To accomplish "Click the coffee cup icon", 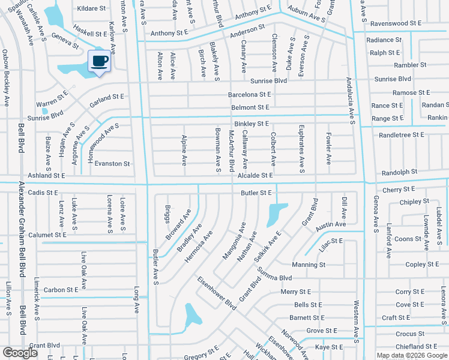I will [100, 61].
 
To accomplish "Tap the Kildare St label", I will [91, 8].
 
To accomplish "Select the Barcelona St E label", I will [249, 95].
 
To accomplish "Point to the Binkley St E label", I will [252, 124].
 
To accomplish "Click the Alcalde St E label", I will [255, 175].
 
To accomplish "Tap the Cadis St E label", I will [43, 193].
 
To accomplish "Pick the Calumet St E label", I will [47, 235].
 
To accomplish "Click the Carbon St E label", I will [61, 290].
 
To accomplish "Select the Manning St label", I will [309, 265].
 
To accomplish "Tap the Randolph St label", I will [399, 172].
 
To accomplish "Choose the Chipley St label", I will [414, 202].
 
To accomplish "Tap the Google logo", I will [20, 353].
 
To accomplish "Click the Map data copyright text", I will [411, 355].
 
